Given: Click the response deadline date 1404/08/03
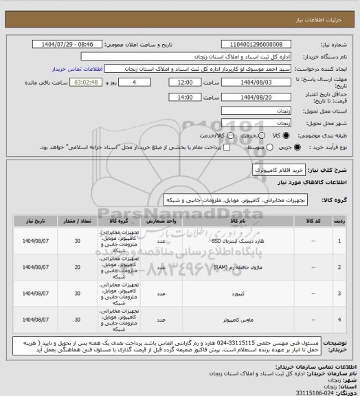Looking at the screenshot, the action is (x=256, y=82).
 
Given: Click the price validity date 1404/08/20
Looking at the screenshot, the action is (x=256, y=98).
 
